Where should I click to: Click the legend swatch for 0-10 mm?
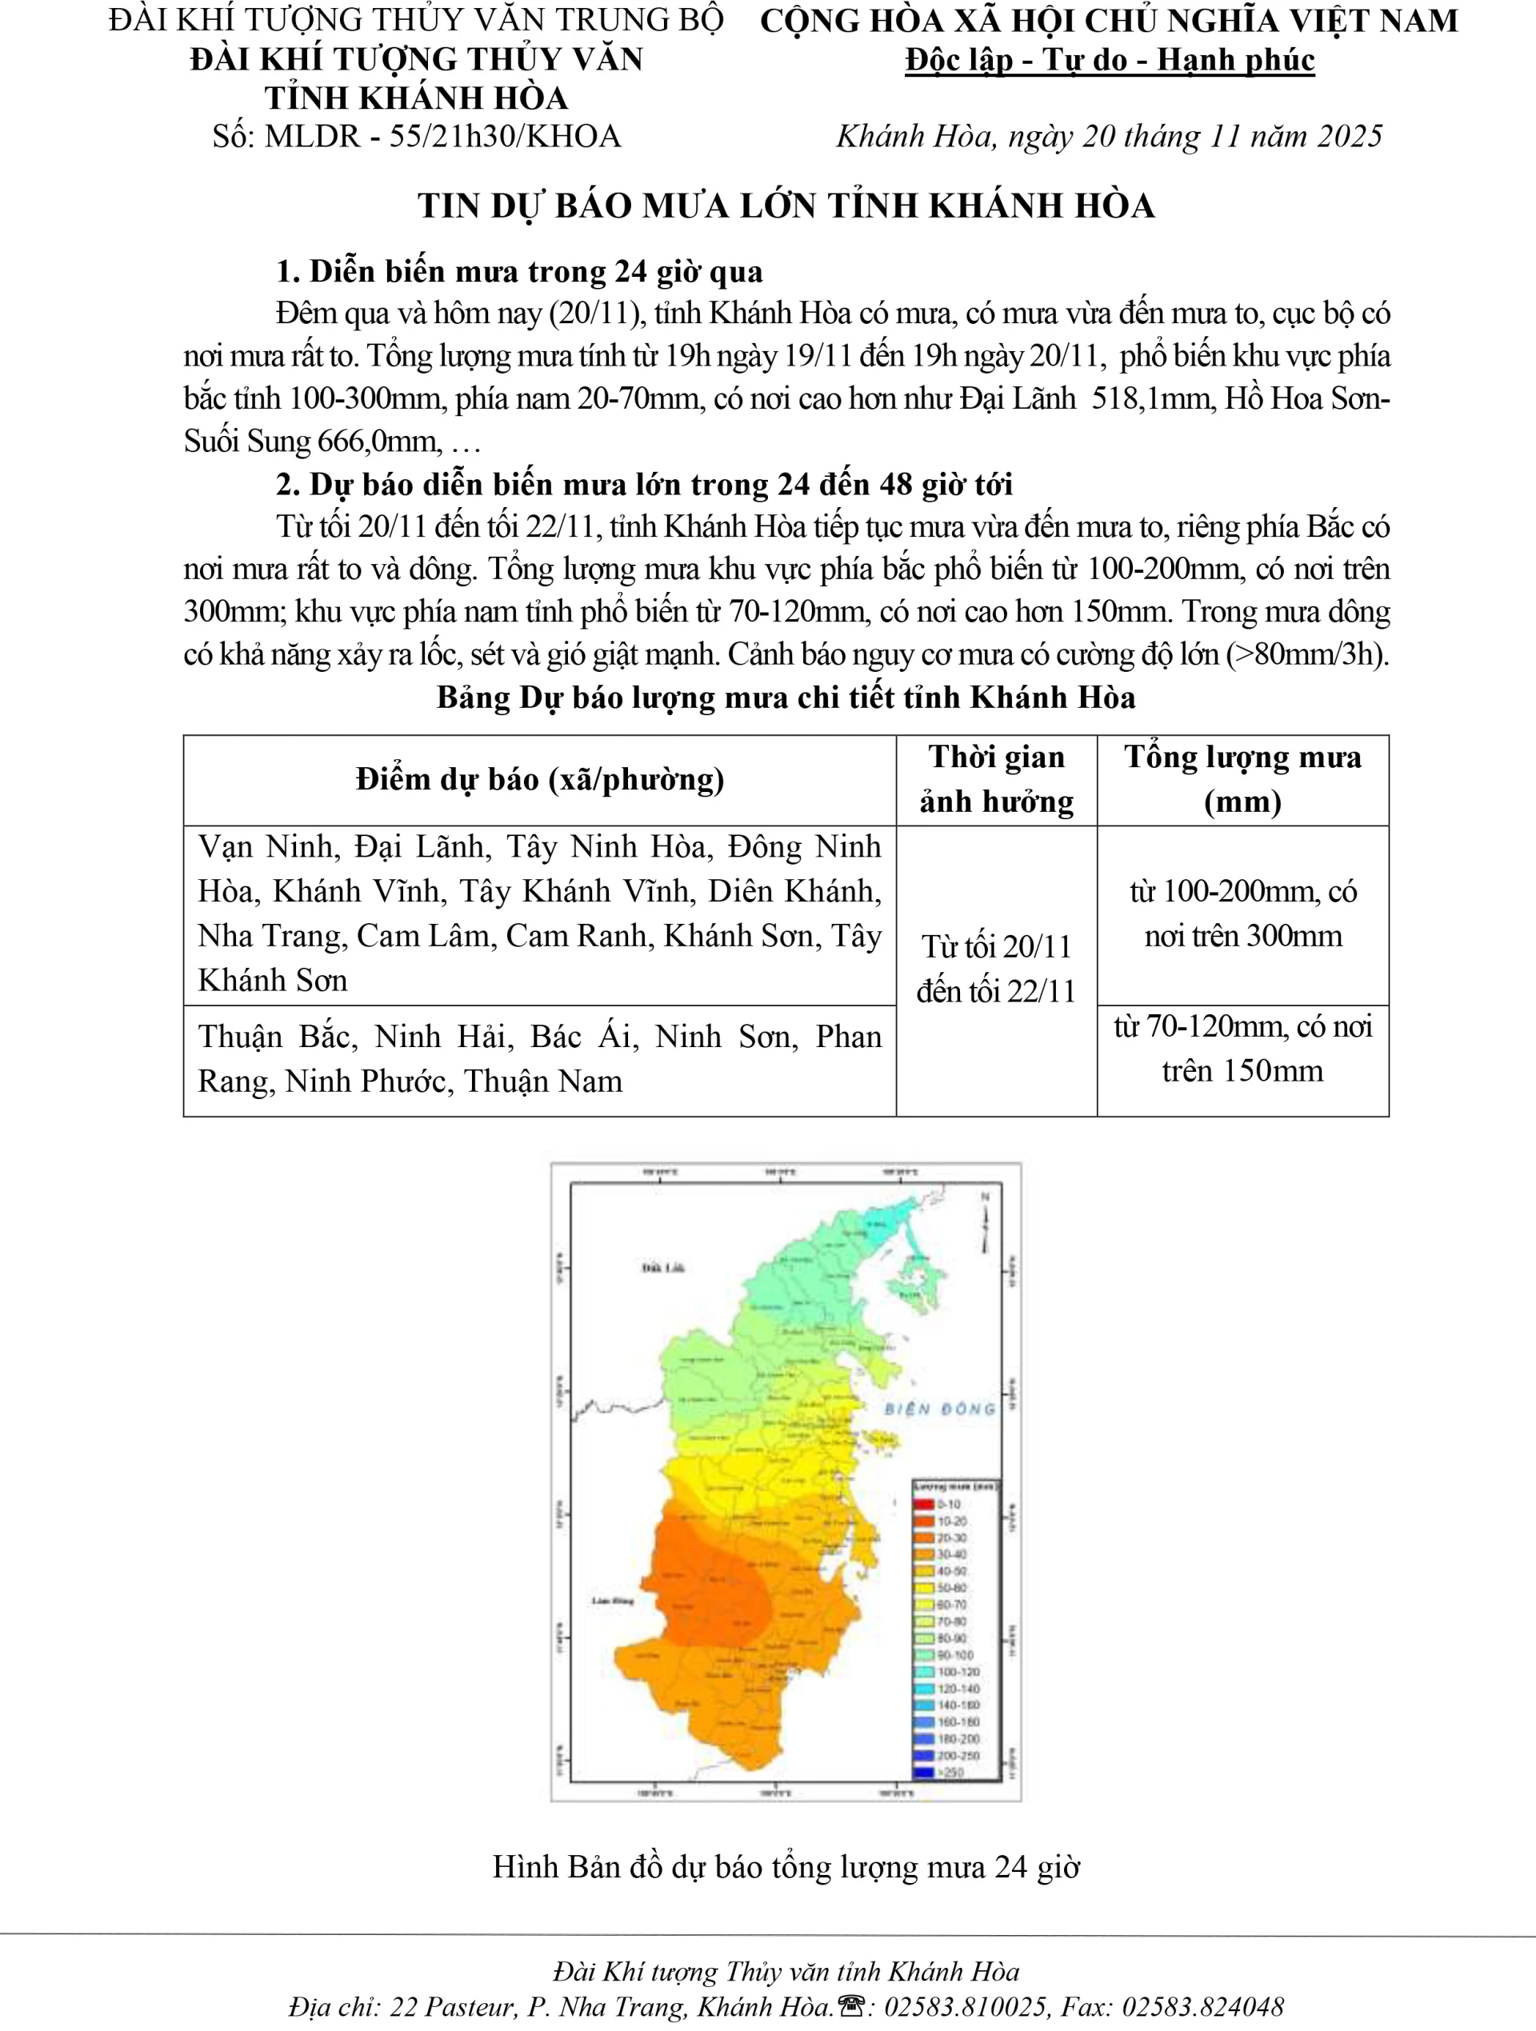point(925,1504)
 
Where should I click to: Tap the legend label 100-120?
point(958,1672)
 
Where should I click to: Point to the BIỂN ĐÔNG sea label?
point(939,1409)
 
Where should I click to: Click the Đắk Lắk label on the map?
point(663,1268)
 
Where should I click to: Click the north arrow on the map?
point(984,1222)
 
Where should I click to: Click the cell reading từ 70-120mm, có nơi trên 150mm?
point(1242,1049)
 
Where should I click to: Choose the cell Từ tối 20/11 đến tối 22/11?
point(996,970)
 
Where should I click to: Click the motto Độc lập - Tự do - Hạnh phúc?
point(1109,61)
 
